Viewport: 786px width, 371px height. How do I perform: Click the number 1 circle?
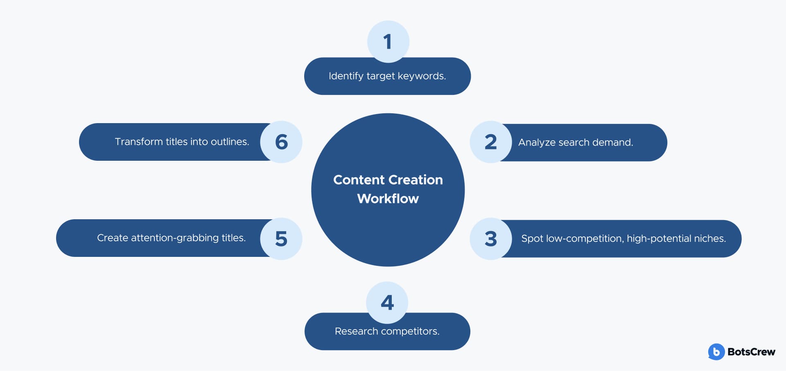tap(388, 41)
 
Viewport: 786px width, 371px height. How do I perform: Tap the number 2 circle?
tap(491, 142)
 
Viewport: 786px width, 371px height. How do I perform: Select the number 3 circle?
tap(491, 238)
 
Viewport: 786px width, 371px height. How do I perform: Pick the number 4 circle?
tap(387, 303)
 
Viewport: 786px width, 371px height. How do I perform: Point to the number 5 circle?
tap(281, 238)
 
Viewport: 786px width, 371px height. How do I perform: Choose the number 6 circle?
tap(281, 142)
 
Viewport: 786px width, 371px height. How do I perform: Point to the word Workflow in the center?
tap(388, 198)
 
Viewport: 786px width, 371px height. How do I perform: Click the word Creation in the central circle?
tap(416, 180)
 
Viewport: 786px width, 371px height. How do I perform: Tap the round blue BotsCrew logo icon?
tap(716, 352)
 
